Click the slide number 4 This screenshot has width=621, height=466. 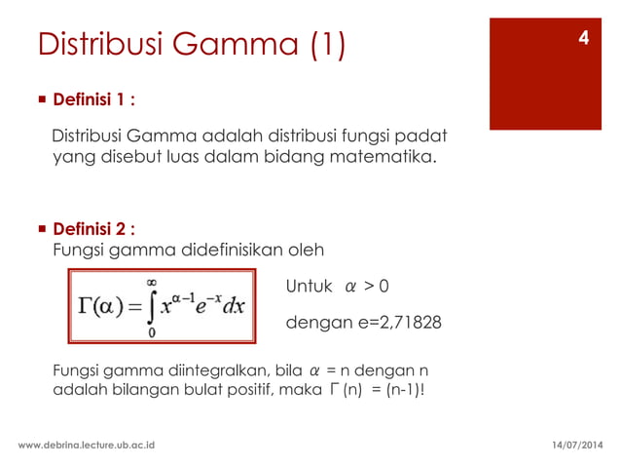(583, 39)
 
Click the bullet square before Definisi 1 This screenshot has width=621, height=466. (40, 99)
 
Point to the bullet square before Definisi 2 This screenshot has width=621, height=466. (40, 229)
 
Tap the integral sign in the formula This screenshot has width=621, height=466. (153, 305)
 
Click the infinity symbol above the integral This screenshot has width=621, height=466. (153, 281)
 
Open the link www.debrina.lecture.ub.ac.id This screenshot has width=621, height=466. (88, 445)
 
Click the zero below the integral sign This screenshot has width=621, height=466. (153, 331)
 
